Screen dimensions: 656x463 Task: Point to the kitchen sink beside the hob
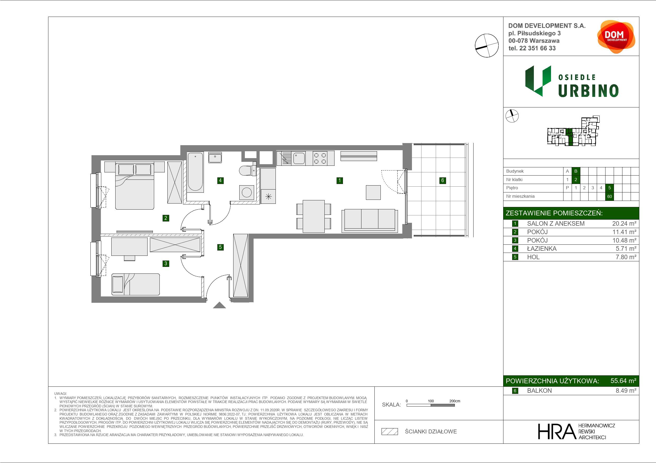pos(299,158)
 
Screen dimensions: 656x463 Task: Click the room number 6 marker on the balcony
pos(443,180)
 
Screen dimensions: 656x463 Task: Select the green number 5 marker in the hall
pos(220,247)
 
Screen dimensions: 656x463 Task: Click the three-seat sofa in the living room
pos(370,220)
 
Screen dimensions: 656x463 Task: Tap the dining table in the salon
pos(314,216)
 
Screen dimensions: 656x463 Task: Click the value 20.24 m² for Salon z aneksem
pos(624,224)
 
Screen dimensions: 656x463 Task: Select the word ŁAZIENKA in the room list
pos(542,249)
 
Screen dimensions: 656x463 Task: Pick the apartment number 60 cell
pos(609,196)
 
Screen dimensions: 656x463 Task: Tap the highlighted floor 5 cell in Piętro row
pos(609,188)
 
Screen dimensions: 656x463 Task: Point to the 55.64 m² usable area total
pos(623,381)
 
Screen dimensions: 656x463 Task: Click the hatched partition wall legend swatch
pos(390,432)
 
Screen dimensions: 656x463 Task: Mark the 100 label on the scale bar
pos(431,401)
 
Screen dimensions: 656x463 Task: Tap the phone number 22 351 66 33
pos(538,48)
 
